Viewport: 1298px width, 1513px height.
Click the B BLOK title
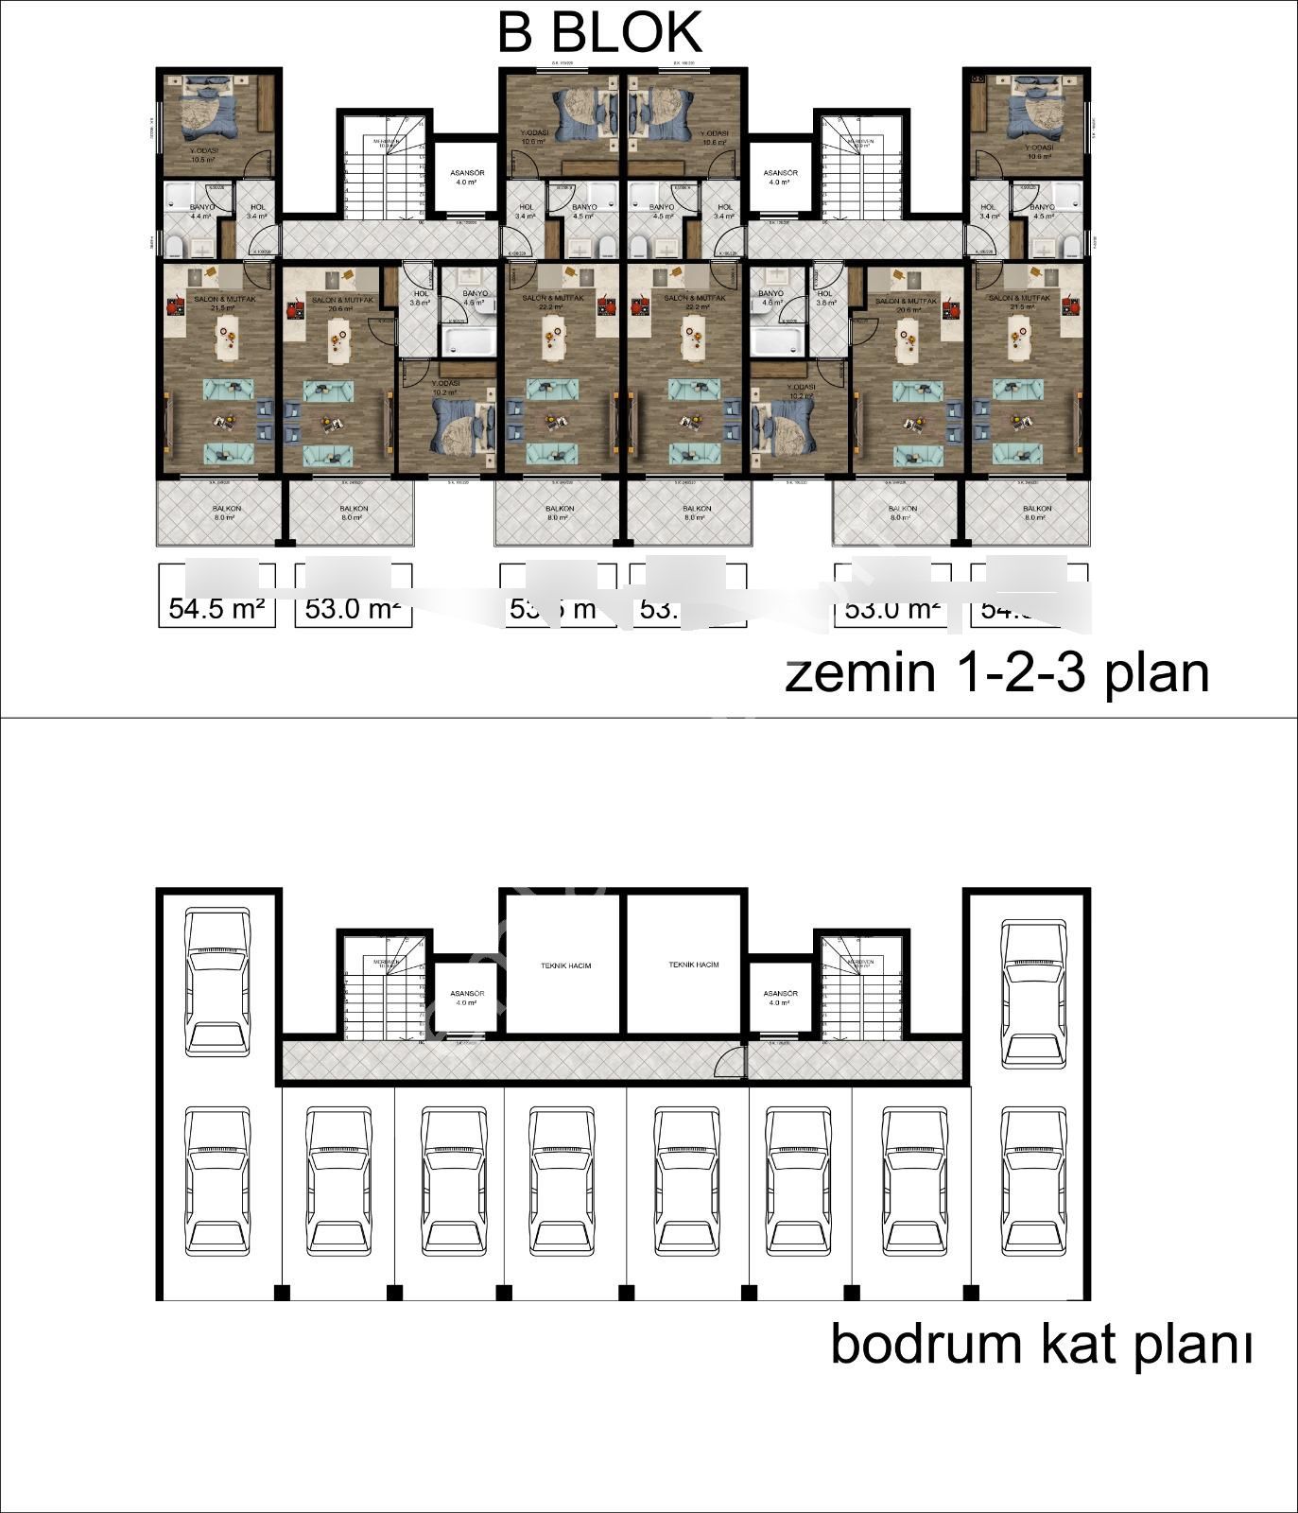pyautogui.click(x=599, y=32)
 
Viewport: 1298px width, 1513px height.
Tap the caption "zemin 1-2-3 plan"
pyautogui.click(x=996, y=674)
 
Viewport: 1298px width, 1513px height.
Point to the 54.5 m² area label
pyautogui.click(x=216, y=608)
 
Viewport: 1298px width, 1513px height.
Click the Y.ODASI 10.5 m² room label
pyautogui.click(x=204, y=154)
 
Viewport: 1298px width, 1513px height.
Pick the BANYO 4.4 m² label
pyautogui.click(x=201, y=211)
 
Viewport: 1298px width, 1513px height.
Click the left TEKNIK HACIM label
pyautogui.click(x=565, y=965)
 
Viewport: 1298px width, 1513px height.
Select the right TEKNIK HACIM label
pyautogui.click(x=693, y=965)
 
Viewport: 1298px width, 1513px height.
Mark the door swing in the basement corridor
pyautogui.click(x=730, y=1063)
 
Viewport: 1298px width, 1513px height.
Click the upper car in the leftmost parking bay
pyautogui.click(x=218, y=984)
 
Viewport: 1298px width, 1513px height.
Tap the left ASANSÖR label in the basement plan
pyautogui.click(x=467, y=998)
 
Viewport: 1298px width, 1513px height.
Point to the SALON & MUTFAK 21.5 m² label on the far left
pyautogui.click(x=216, y=304)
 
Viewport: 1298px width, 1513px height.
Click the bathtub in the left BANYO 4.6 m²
pyautogui.click(x=469, y=341)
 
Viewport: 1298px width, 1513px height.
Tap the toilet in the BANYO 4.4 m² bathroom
pyautogui.click(x=176, y=248)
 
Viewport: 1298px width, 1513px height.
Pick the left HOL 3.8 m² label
pyautogui.click(x=421, y=299)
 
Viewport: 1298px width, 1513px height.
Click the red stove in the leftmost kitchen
pyautogui.click(x=174, y=305)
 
